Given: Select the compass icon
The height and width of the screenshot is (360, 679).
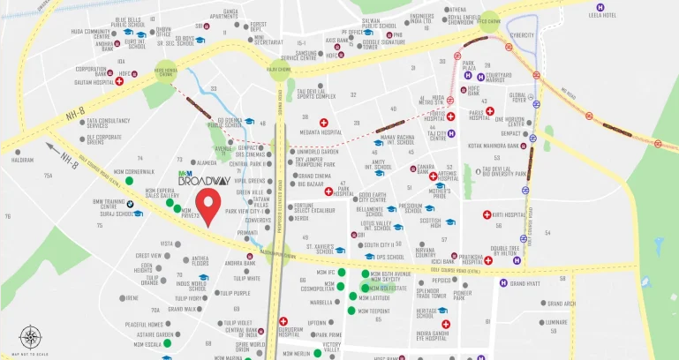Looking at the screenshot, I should point(32,337).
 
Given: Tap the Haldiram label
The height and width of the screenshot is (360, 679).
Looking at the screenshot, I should point(23,161).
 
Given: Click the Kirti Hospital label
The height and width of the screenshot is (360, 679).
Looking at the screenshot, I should point(509,214).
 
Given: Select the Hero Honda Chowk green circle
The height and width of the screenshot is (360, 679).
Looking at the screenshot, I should point(165,71).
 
